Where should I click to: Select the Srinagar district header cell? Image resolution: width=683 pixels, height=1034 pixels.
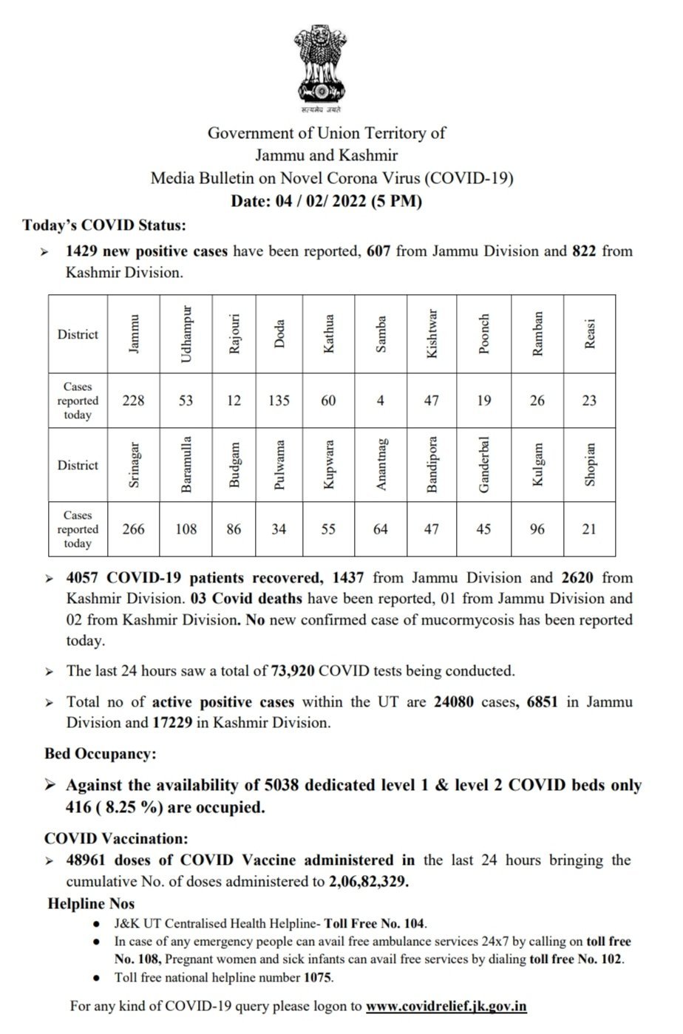[134, 464]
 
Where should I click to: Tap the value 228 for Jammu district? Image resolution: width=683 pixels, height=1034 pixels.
[134, 400]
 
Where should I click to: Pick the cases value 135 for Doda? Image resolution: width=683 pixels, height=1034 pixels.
[279, 400]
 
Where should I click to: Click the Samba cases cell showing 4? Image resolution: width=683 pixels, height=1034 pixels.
[381, 400]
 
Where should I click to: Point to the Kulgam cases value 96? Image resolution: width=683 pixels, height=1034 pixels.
[537, 529]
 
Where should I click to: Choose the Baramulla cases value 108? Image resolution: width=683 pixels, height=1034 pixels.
[186, 529]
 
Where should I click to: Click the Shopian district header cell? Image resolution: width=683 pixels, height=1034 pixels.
[589, 464]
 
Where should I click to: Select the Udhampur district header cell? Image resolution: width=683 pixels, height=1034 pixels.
[186, 333]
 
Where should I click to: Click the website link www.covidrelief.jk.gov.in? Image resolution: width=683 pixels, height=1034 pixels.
[446, 1006]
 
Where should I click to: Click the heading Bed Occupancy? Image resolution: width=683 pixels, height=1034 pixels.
[100, 755]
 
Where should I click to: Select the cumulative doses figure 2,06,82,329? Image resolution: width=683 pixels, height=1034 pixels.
[367, 882]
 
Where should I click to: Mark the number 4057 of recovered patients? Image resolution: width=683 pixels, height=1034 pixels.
[83, 577]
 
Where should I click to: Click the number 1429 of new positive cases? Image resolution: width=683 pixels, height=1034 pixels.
[82, 251]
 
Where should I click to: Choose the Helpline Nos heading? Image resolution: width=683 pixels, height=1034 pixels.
[91, 903]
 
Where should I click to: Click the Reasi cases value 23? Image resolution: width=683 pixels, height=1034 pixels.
[589, 400]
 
